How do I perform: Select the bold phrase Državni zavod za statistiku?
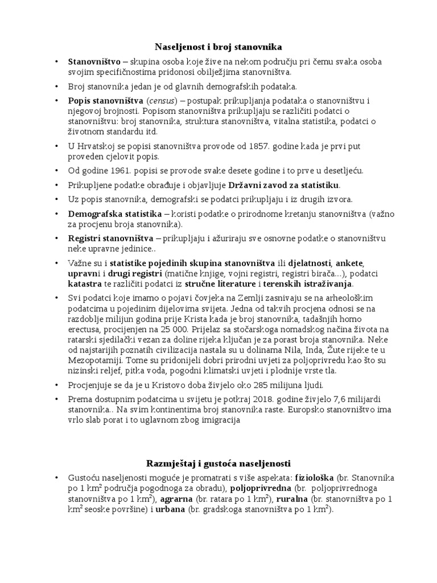click(x=283, y=185)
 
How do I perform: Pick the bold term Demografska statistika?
click(x=115, y=215)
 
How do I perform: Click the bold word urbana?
click(x=171, y=510)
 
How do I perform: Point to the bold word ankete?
click(x=349, y=264)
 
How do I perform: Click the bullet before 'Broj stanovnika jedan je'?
click(x=56, y=87)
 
